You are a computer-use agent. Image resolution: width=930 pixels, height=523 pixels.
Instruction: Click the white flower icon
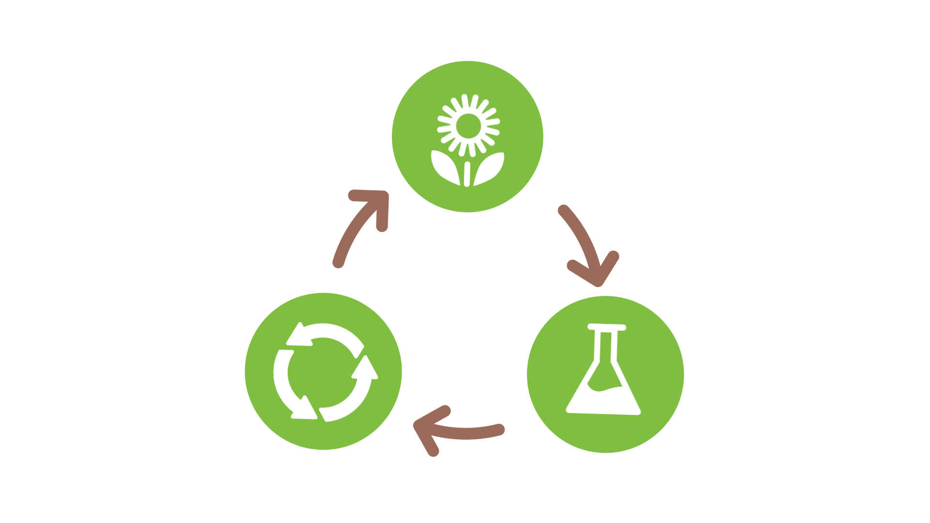click(468, 140)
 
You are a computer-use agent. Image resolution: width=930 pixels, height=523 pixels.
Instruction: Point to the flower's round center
click(468, 125)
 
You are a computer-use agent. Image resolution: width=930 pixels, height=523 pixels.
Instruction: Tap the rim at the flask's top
click(606, 327)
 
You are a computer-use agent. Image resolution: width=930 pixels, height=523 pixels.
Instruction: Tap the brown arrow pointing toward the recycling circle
click(460, 431)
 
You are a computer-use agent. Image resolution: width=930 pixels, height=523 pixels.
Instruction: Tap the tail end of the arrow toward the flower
click(338, 262)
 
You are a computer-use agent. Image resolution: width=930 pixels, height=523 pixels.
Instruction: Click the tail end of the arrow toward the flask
click(563, 210)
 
